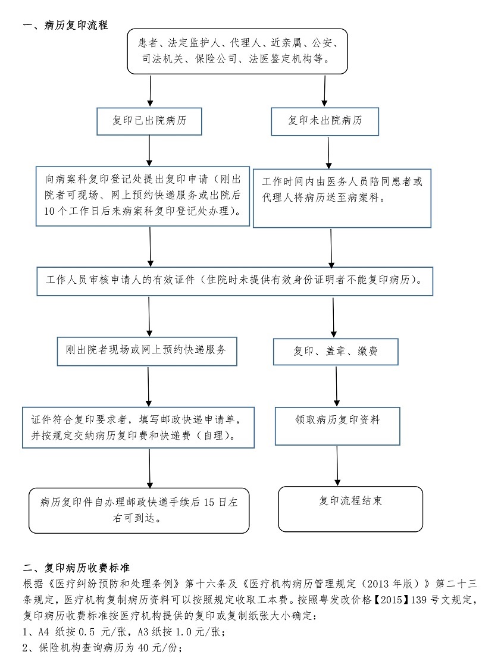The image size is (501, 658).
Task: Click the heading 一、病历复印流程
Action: click(65, 26)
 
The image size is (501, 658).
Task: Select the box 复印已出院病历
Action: click(149, 121)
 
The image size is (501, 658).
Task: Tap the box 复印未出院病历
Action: click(325, 121)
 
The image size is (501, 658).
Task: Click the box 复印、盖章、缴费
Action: click(335, 352)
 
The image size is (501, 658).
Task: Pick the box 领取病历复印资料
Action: click(337, 425)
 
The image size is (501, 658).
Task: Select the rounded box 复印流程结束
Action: click(350, 508)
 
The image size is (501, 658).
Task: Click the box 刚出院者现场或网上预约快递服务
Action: click(146, 350)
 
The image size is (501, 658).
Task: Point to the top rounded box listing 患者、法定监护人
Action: click(237, 51)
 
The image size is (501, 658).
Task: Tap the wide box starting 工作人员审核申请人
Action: click(234, 281)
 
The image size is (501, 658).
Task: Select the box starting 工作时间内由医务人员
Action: click(342, 198)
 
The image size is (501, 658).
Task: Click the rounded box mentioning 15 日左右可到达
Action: click(139, 510)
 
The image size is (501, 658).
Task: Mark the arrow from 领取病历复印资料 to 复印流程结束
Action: click(337, 465)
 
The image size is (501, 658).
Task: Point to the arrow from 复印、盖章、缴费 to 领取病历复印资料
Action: click(337, 386)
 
